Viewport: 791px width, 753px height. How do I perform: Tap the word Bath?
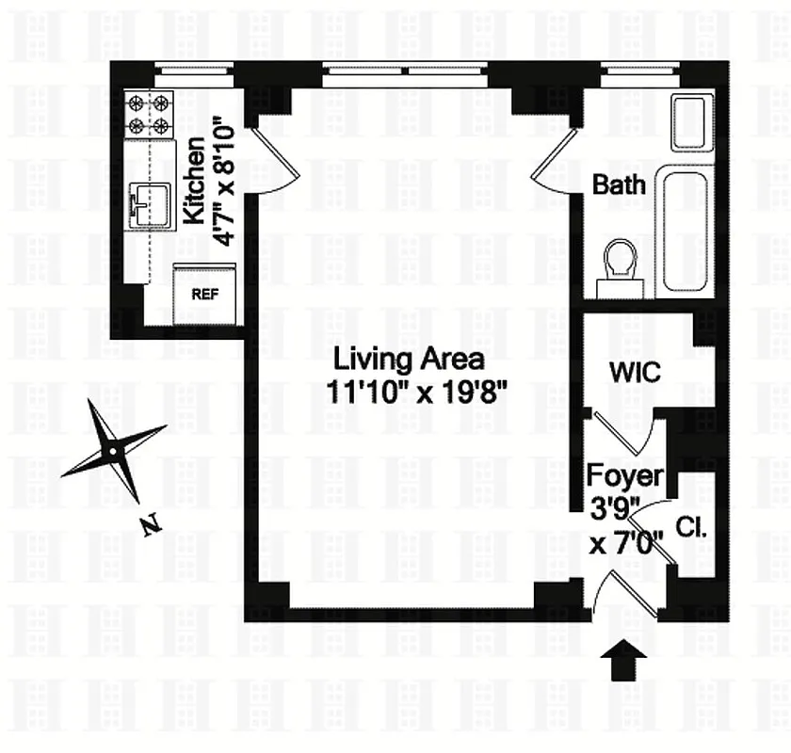click(619, 184)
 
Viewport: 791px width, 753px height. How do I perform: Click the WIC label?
click(635, 372)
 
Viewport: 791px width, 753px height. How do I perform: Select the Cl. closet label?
click(691, 530)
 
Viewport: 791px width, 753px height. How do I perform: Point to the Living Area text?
click(411, 359)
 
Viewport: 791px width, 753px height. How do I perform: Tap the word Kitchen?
click(193, 181)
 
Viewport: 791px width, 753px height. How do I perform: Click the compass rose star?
click(114, 451)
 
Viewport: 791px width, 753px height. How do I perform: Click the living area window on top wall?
click(407, 69)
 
